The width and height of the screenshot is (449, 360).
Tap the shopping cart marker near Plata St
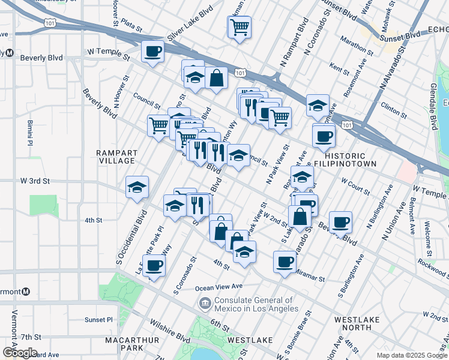click(239, 28)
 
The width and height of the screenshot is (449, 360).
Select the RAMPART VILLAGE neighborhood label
click(116, 157)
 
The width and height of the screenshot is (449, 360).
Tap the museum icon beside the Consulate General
click(205, 304)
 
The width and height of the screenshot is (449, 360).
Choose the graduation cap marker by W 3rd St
click(137, 188)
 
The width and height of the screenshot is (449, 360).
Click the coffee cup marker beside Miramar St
click(285, 261)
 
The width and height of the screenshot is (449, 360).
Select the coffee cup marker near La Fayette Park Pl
click(154, 266)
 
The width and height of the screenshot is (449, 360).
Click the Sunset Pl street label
click(98, 319)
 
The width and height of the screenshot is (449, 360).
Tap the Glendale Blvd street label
click(431, 109)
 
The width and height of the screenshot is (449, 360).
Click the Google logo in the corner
click(19, 353)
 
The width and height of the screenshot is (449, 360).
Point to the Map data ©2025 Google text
click(412, 355)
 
